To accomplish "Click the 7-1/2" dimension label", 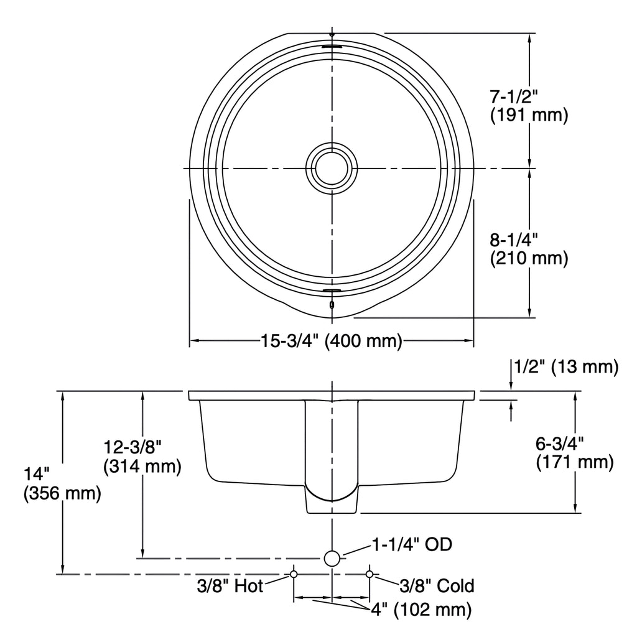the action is point(513,96).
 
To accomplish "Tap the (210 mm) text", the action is point(529,258).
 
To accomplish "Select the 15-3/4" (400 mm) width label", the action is point(331,340).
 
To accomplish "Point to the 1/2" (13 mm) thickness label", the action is point(566,366).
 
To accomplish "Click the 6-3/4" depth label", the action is point(559,443).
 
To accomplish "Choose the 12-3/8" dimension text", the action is point(133,447).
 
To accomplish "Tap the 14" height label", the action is point(37,474).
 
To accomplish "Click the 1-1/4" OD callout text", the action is point(412,544).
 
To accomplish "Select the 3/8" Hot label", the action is point(230,586).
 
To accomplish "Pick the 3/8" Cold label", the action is point(437,586).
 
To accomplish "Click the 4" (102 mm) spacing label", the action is point(421,610).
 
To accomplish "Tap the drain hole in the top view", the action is point(332,168).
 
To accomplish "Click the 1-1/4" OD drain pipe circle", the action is point(332,559).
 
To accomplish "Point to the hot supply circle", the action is point(294,574).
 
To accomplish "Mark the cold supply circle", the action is point(370,574).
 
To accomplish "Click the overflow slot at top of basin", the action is point(332,47).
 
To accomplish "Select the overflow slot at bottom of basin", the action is point(332,291).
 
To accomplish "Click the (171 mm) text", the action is point(574,462).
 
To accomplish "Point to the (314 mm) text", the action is point(142,467).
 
